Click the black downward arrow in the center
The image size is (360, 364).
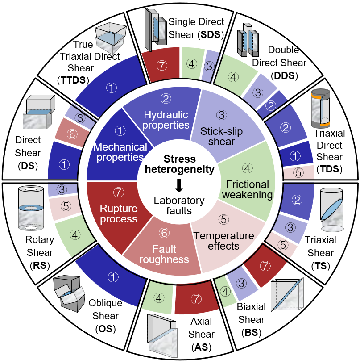pos(179,184)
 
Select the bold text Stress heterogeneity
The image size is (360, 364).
pos(180,164)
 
